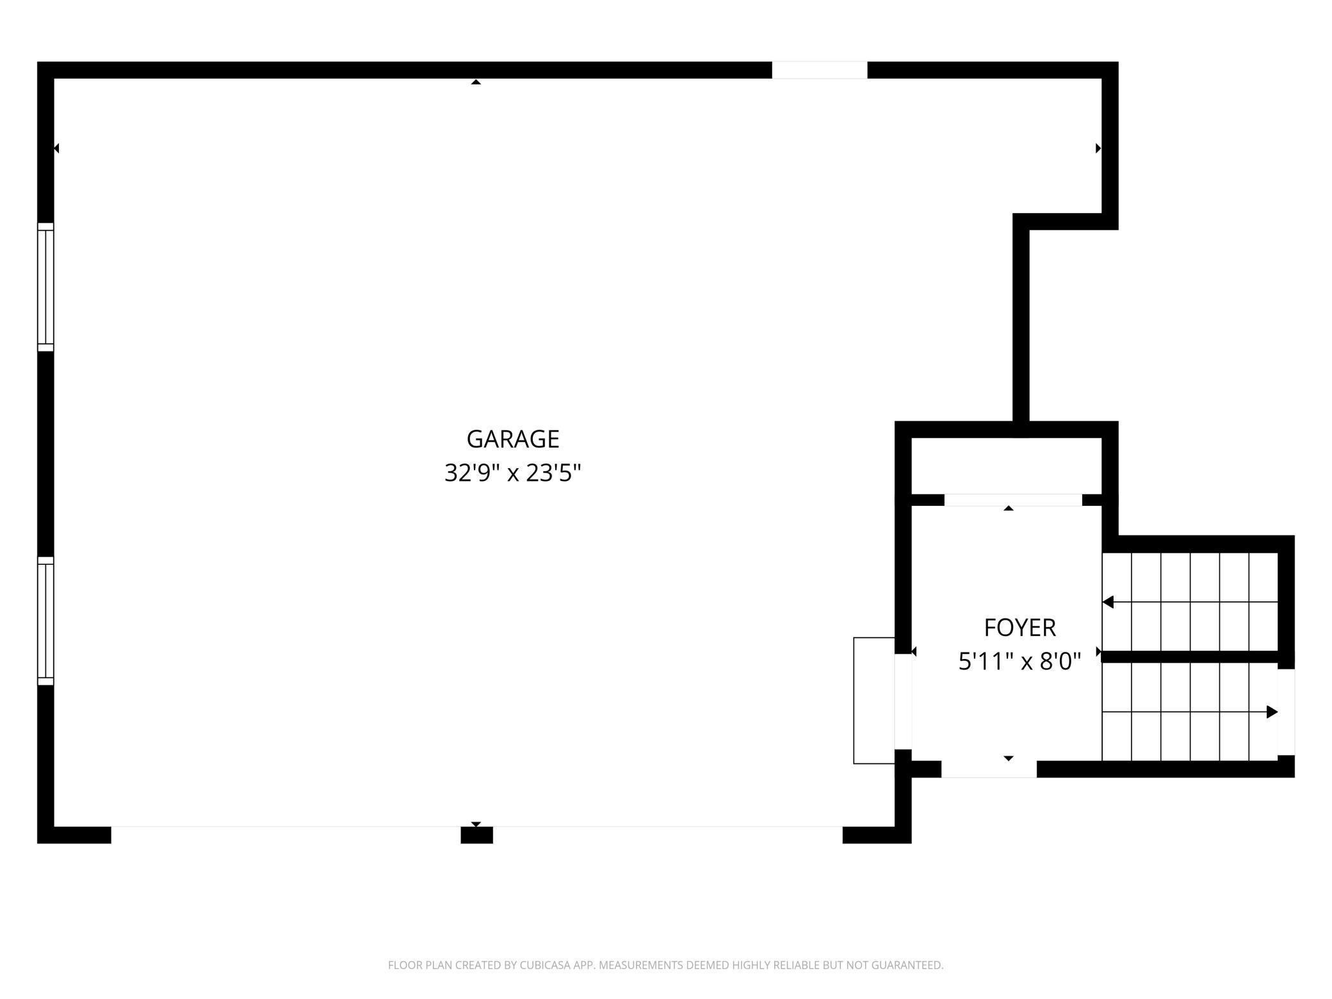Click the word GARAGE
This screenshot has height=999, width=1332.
pos(513,439)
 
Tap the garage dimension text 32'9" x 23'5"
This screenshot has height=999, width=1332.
pos(513,474)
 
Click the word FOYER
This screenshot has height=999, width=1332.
pos(1019,628)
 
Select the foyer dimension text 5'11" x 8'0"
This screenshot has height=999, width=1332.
pos(1019,661)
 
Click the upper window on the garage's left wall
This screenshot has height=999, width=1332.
pos(45,287)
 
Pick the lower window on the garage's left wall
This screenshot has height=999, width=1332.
pos(45,621)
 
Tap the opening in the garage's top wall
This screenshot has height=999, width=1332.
pos(820,70)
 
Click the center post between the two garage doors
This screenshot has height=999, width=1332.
pos(477,835)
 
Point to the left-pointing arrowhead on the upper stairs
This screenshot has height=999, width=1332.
pos(1108,602)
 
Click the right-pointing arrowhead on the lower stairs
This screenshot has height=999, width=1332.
pos(1272,711)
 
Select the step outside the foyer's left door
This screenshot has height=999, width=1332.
pos(874,701)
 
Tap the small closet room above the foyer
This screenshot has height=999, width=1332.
pos(1006,466)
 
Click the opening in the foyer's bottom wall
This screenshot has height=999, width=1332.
pos(989,769)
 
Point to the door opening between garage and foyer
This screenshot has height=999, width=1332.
pos(903,701)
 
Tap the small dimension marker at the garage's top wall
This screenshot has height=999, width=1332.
pos(476,82)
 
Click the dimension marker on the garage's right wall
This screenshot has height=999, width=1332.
pos(1098,148)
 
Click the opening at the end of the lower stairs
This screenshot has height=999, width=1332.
pos(1287,712)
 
